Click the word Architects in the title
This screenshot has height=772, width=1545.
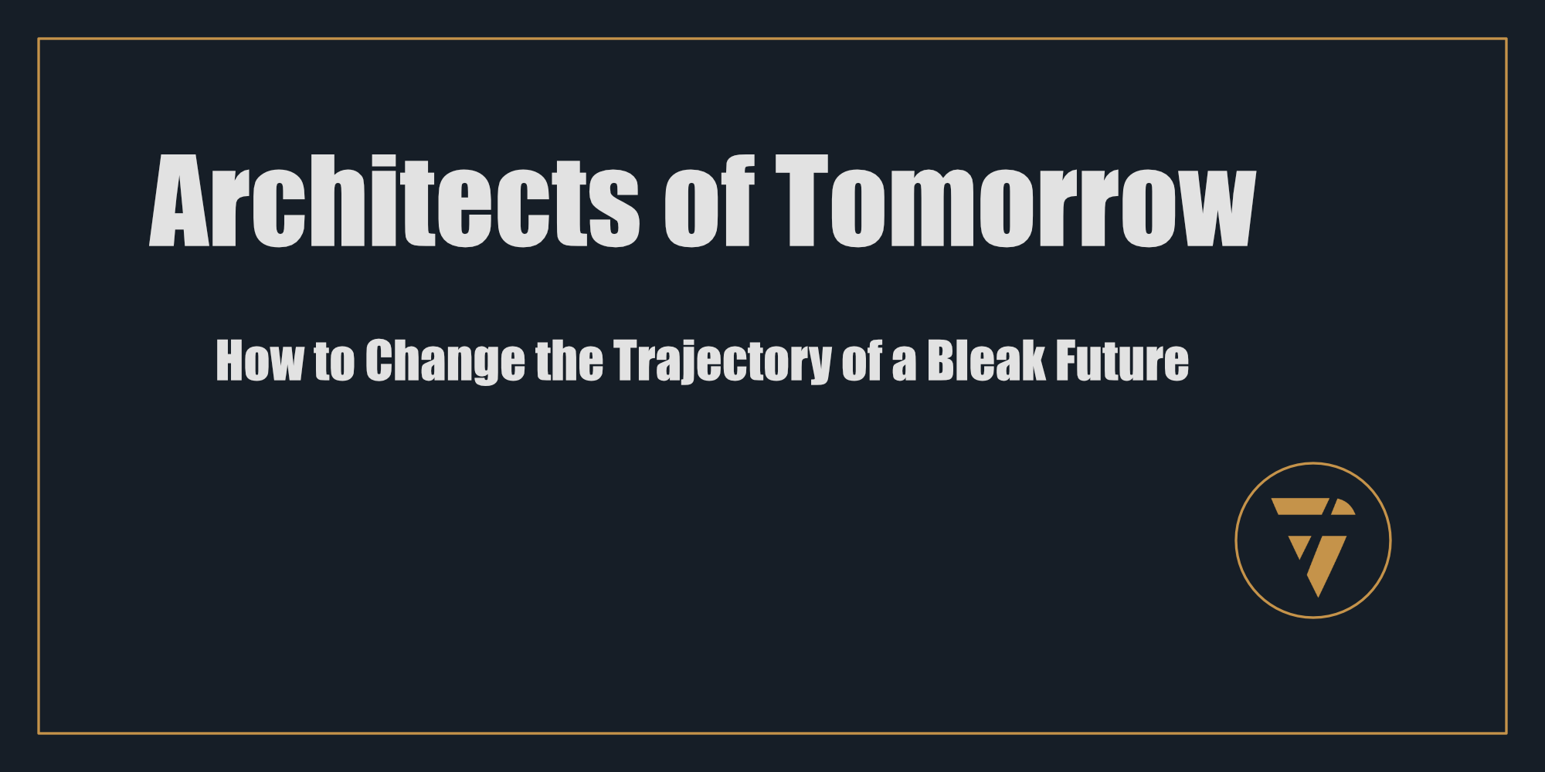pos(394,201)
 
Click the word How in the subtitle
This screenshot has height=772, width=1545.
pos(260,361)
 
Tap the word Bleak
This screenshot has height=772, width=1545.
pos(986,361)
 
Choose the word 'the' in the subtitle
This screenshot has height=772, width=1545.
pos(569,361)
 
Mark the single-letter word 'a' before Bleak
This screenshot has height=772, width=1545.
pos(904,366)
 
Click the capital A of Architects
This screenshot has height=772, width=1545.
pos(180,201)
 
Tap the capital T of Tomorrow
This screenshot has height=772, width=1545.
pos(802,201)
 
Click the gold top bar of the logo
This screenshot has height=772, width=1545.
pos(1299,506)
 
